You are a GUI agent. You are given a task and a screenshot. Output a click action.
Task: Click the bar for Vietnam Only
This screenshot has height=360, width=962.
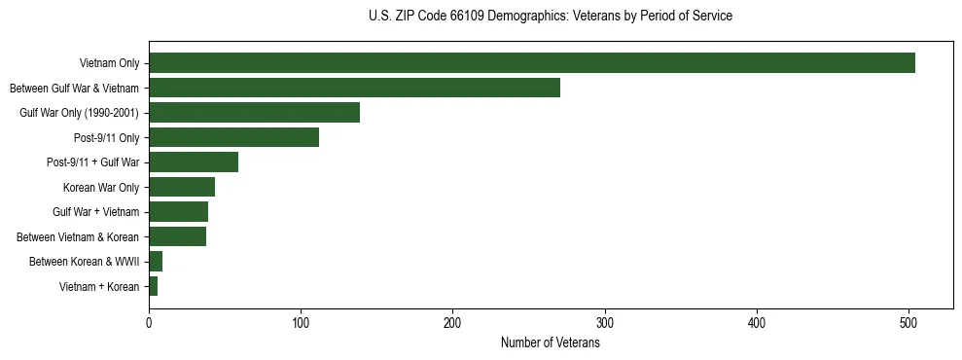tap(531, 63)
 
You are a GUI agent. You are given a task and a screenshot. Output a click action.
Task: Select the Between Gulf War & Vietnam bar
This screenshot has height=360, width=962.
tap(354, 88)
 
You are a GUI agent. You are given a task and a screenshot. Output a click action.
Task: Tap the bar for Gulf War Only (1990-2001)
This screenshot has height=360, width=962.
tap(254, 113)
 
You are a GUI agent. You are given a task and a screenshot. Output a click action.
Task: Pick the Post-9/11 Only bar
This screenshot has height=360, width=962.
tap(233, 137)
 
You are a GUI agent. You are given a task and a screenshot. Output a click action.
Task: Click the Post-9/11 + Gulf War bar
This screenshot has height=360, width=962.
tap(194, 162)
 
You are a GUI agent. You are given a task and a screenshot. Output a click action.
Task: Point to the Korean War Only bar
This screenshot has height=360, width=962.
tap(182, 187)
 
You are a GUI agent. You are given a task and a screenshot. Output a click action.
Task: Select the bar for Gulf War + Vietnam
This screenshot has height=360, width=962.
tap(178, 212)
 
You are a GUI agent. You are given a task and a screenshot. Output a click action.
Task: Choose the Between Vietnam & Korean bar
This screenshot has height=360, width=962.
tap(177, 236)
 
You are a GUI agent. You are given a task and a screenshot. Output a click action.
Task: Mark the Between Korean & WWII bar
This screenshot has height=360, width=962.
tap(156, 262)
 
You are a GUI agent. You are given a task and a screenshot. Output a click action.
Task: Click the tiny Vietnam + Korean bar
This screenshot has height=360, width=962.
tap(153, 286)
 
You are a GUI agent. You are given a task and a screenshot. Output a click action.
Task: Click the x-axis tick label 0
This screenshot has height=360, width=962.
tap(149, 322)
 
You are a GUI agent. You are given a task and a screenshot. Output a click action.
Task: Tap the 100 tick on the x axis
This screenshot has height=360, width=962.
tap(301, 322)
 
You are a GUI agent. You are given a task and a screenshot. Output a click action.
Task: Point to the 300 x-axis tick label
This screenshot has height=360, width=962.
tap(605, 322)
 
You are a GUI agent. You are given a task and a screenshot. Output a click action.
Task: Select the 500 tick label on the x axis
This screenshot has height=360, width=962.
tap(909, 322)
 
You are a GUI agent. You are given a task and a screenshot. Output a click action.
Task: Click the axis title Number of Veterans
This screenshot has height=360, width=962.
tap(550, 343)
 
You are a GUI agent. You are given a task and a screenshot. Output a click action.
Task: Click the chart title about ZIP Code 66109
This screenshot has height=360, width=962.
tap(550, 17)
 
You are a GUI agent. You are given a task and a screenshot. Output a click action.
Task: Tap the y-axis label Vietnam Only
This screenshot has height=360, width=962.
tap(109, 63)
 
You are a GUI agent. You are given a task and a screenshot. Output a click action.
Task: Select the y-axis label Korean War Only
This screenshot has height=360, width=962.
tap(101, 187)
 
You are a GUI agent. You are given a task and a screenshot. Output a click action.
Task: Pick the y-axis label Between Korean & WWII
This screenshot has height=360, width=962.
tap(85, 262)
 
